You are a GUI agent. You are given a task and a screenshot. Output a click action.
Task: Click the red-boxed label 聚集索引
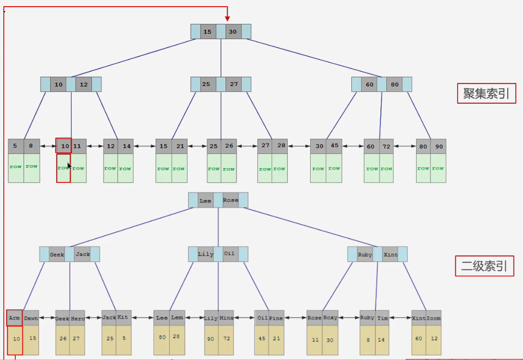[486, 94]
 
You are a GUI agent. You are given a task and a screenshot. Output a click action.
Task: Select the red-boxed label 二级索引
[484, 266]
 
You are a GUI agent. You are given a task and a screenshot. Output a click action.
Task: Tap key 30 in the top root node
[232, 32]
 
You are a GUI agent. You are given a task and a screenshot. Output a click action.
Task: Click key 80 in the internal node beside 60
[394, 85]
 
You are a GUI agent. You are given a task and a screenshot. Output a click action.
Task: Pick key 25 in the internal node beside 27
[206, 85]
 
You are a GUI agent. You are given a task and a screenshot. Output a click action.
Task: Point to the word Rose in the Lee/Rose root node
[230, 201]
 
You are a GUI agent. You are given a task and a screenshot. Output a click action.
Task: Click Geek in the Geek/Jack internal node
[57, 254]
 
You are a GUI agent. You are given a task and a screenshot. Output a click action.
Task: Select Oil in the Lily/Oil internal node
[229, 254]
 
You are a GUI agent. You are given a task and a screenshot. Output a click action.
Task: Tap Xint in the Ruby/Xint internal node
[390, 254]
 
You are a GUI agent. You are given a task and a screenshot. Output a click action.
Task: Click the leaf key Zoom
[433, 318]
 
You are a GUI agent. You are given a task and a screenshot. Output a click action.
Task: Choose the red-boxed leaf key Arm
[14, 318]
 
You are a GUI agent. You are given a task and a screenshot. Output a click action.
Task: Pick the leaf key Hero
[77, 318]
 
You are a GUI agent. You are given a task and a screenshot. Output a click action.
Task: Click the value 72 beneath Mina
[227, 339]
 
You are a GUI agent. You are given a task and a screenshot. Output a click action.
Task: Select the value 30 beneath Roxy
[330, 340]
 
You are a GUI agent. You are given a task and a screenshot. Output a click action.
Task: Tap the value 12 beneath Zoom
[433, 339]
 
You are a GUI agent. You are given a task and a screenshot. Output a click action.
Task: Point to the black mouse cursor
[69, 166]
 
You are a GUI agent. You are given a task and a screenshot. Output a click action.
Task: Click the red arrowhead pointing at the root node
[228, 18]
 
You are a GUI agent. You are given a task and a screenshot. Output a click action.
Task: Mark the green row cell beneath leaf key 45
[334, 169]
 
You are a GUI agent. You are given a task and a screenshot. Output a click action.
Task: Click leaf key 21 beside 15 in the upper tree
[179, 146]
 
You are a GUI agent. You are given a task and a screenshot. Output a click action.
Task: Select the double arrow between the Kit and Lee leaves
[142, 318]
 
